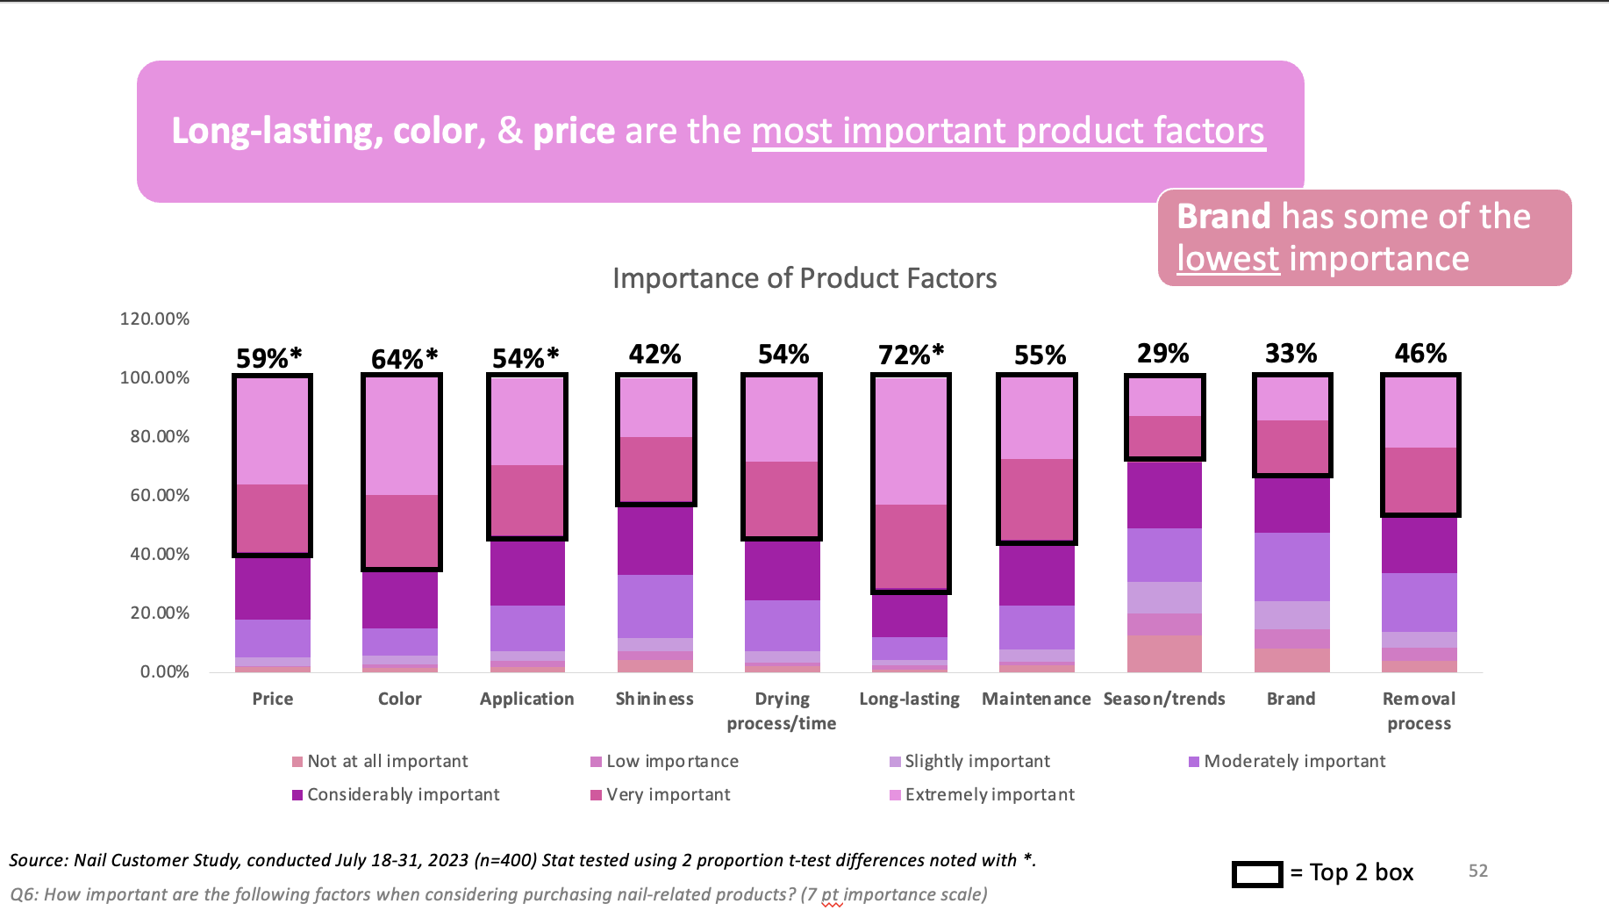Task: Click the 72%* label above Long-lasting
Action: [911, 355]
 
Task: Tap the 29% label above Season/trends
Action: [1162, 353]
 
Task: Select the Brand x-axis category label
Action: [1291, 699]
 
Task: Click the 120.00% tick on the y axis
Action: [154, 319]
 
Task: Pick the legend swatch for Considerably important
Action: [297, 795]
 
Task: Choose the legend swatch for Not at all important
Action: [297, 762]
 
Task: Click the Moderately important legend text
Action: [1294, 761]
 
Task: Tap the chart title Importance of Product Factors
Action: [804, 278]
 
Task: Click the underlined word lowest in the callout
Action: [1227, 259]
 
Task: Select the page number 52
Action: [1478, 871]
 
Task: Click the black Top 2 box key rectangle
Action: [1257, 874]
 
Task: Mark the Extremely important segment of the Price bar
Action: [272, 430]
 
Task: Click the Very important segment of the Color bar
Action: [401, 531]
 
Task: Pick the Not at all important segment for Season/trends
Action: [1164, 653]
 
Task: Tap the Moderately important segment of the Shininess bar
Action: [654, 606]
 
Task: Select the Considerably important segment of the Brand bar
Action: [1291, 505]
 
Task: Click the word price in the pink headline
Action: [574, 131]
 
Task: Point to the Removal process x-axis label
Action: [1419, 711]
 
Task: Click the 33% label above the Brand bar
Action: [1291, 353]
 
